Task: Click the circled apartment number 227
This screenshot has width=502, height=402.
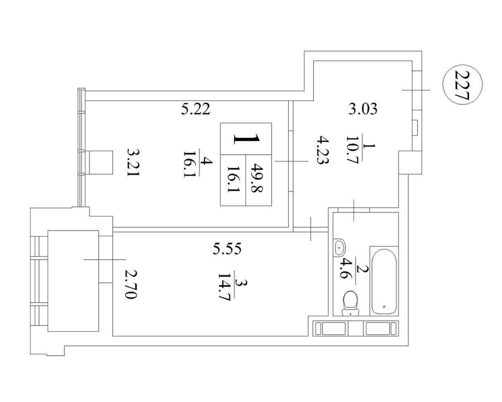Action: pyautogui.click(x=462, y=85)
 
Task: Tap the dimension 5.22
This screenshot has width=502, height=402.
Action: pyautogui.click(x=196, y=109)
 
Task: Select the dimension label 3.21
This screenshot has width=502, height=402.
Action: pyautogui.click(x=134, y=162)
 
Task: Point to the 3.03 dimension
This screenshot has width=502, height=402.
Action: pyautogui.click(x=363, y=109)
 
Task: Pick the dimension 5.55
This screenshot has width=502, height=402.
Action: pyautogui.click(x=227, y=248)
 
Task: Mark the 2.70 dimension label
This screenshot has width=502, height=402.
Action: pyautogui.click(x=131, y=285)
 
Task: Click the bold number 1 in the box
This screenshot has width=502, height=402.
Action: pyautogui.click(x=246, y=139)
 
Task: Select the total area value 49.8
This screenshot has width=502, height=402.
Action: pyautogui.click(x=257, y=178)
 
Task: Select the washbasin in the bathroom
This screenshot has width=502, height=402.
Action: pyautogui.click(x=339, y=248)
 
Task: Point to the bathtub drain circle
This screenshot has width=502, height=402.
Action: pyautogui.click(x=384, y=306)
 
